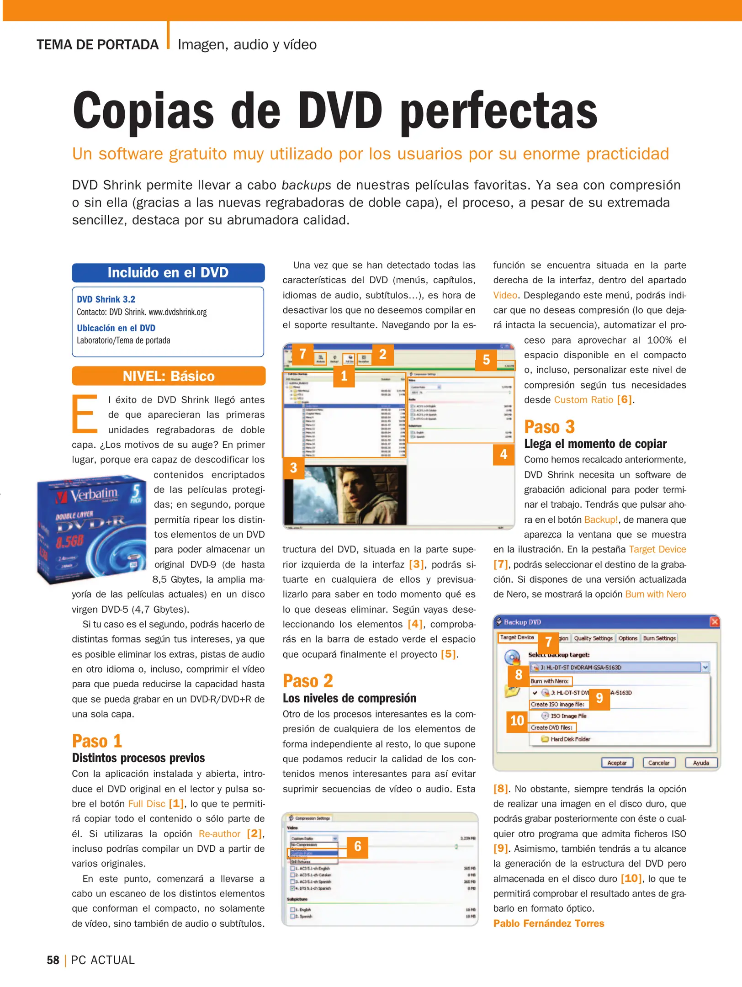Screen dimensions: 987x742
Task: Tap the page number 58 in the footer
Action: (x=53, y=960)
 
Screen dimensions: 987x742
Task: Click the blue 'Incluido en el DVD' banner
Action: (x=168, y=273)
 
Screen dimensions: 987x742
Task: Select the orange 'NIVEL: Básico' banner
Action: (x=168, y=376)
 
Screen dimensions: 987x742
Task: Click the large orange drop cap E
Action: (x=85, y=414)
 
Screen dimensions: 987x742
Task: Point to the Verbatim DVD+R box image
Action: (x=91, y=530)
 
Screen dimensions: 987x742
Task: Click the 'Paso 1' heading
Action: (x=97, y=741)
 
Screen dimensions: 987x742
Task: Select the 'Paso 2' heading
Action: (x=307, y=681)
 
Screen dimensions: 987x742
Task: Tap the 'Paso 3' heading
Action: (x=549, y=427)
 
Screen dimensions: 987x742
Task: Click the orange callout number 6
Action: (x=358, y=847)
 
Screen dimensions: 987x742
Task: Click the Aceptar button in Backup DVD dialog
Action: (x=617, y=763)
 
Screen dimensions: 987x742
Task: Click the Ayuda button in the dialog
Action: (x=701, y=763)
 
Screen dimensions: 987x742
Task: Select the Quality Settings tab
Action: (x=593, y=638)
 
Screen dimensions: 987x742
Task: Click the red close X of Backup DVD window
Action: (x=715, y=622)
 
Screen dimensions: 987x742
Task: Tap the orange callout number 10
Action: (x=517, y=721)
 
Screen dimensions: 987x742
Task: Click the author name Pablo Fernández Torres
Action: (x=548, y=923)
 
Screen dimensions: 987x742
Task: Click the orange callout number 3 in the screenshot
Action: (x=293, y=468)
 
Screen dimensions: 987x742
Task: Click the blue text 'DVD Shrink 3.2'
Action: (x=106, y=299)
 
